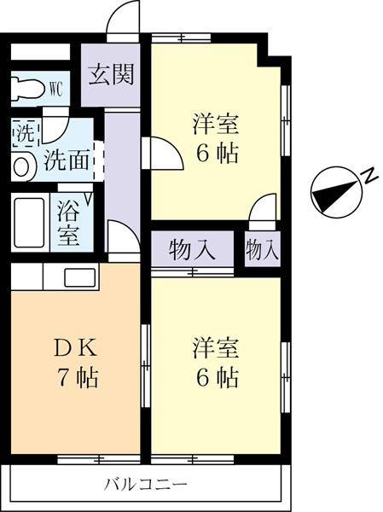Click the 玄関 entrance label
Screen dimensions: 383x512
tap(112, 74)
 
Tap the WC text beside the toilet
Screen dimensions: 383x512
tap(55, 89)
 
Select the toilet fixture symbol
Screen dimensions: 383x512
tap(28, 89)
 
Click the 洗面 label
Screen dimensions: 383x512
tap(67, 160)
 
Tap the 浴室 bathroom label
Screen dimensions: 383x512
tap(68, 224)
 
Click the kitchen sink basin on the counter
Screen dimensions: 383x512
tap(80, 278)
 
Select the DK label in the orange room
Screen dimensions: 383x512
tap(75, 350)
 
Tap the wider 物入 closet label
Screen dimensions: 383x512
tap(192, 250)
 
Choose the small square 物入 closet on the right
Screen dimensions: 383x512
tap(263, 248)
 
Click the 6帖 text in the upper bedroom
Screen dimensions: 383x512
tap(217, 153)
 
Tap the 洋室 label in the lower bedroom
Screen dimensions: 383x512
tap(216, 350)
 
